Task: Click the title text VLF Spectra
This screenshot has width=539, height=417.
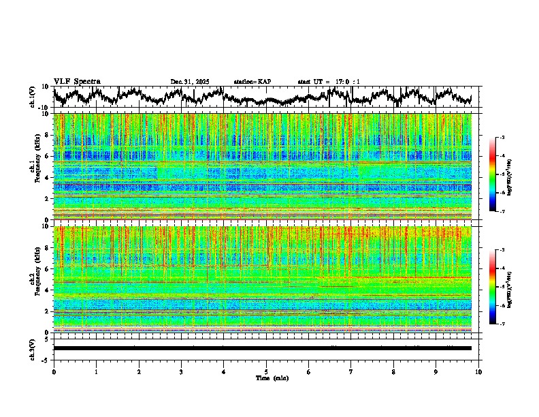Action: (77, 81)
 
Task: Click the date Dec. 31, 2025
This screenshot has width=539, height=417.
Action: (190, 82)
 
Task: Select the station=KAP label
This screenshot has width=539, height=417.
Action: (252, 82)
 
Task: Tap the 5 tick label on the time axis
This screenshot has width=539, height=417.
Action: (266, 371)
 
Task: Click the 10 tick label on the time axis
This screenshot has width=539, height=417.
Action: (478, 371)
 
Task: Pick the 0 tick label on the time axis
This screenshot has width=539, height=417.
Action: (54, 371)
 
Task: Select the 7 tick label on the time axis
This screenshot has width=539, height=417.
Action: (351, 371)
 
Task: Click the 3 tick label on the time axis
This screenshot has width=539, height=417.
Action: (181, 371)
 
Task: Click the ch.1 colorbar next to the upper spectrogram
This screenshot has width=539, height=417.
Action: (493, 174)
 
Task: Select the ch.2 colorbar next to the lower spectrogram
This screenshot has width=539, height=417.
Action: (493, 287)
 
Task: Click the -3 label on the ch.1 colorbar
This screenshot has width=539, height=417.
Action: (502, 138)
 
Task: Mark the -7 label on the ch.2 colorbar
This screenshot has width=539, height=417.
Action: (502, 324)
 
